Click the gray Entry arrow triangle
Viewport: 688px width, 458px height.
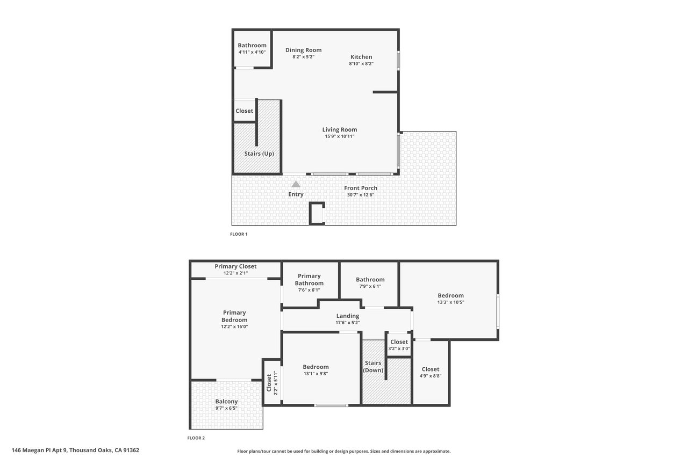(296, 184)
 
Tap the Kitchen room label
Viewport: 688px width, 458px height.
(361, 57)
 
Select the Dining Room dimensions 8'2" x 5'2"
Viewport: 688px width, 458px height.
(304, 57)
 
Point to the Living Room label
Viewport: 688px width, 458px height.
(340, 130)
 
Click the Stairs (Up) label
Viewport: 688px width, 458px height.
(259, 154)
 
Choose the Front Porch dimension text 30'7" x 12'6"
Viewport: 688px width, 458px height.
(361, 195)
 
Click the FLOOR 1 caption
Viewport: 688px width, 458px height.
(239, 234)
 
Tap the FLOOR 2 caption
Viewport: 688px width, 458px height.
(196, 438)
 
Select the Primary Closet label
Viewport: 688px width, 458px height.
(235, 266)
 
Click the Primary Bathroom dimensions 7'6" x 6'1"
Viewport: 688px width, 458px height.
(309, 290)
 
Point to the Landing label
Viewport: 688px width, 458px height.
(348, 316)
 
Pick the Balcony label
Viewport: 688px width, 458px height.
(226, 402)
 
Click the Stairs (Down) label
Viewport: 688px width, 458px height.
(373, 367)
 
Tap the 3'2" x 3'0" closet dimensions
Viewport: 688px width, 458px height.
(399, 348)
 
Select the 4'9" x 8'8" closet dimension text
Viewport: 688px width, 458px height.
(431, 376)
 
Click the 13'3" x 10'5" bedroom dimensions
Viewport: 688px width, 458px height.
(451, 302)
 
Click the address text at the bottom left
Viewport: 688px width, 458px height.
(75, 450)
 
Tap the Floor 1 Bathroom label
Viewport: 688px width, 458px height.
(252, 46)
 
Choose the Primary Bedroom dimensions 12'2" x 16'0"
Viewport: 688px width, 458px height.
(234, 326)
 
